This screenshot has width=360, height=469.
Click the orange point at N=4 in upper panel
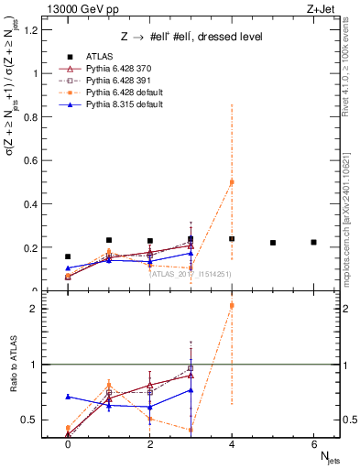pyautogui.click(x=232, y=182)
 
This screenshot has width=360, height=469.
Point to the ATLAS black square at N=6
pyautogui.click(x=313, y=242)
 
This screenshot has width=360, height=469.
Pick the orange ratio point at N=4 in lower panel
pyautogui.click(x=232, y=305)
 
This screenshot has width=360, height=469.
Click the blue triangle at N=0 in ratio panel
pyautogui.click(x=68, y=397)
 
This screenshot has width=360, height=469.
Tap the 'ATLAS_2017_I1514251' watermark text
pyautogui.click(x=191, y=272)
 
